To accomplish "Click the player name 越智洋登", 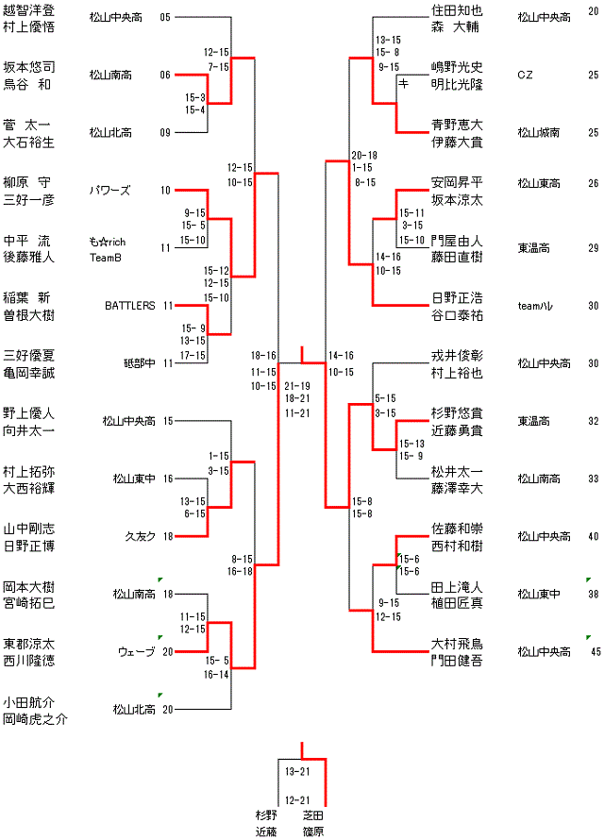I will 27,10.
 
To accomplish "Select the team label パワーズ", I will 112,191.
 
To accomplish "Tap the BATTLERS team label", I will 130,306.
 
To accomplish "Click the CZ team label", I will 525,75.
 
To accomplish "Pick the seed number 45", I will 596,651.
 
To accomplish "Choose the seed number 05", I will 166,18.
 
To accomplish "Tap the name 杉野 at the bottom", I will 266,815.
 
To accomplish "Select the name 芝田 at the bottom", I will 313,815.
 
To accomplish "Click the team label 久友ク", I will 141,536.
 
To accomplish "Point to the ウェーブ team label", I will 137,651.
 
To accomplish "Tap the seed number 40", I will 594,536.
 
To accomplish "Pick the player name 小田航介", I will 27,701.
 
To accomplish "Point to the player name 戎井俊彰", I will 457,356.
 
